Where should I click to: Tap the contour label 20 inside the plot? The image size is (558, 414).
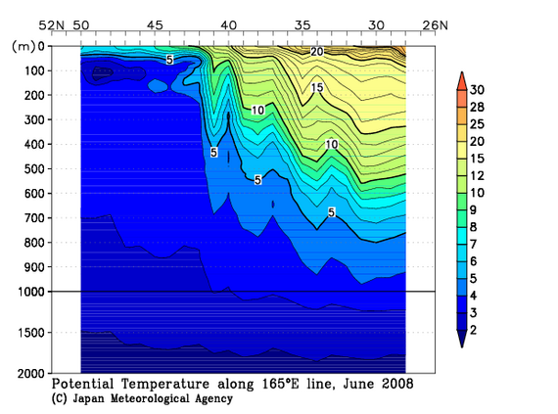(x=316, y=51)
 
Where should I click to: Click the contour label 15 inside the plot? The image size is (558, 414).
(x=317, y=88)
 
